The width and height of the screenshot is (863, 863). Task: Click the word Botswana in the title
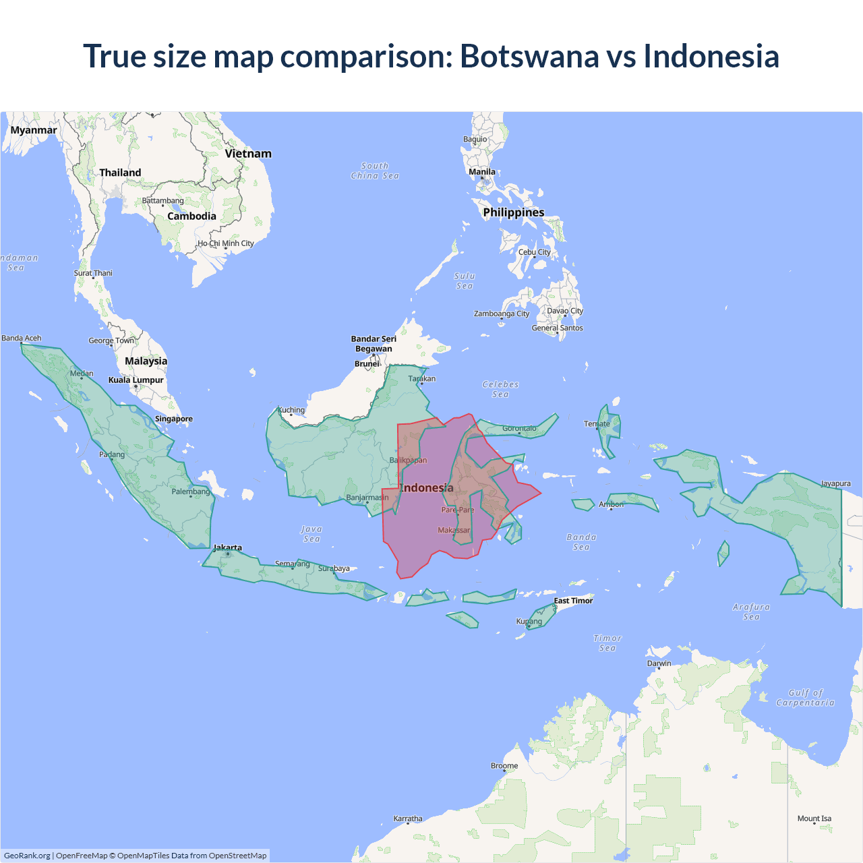pyautogui.click(x=529, y=56)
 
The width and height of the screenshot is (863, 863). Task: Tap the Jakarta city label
pyautogui.click(x=227, y=547)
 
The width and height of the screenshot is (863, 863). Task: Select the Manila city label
pyautogui.click(x=482, y=172)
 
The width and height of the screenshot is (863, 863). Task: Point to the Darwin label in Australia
pyautogui.click(x=659, y=663)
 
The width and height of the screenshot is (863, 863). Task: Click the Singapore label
pyautogui.click(x=174, y=419)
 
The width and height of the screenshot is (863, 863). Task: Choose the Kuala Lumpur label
pyautogui.click(x=136, y=380)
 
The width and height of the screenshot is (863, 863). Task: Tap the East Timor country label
pyautogui.click(x=573, y=601)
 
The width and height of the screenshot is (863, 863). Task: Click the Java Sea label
pyautogui.click(x=311, y=534)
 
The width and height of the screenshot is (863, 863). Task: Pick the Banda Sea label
pyautogui.click(x=581, y=542)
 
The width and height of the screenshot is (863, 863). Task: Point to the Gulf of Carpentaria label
pyautogui.click(x=805, y=698)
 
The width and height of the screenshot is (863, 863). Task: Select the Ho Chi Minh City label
pyautogui.click(x=226, y=243)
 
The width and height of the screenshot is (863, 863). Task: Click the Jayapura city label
pyautogui.click(x=835, y=483)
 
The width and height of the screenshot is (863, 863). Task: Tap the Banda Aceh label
pyautogui.click(x=22, y=338)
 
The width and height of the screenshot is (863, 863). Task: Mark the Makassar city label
pyautogui.click(x=454, y=530)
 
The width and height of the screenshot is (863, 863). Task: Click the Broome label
pyautogui.click(x=504, y=766)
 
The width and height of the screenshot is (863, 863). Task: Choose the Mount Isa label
pyautogui.click(x=814, y=819)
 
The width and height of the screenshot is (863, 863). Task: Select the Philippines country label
pyautogui.click(x=514, y=212)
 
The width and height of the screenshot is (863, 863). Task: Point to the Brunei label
pyautogui.click(x=367, y=364)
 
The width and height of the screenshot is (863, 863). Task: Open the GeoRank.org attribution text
pyautogui.click(x=27, y=856)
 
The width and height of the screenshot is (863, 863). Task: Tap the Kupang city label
pyautogui.click(x=529, y=622)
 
